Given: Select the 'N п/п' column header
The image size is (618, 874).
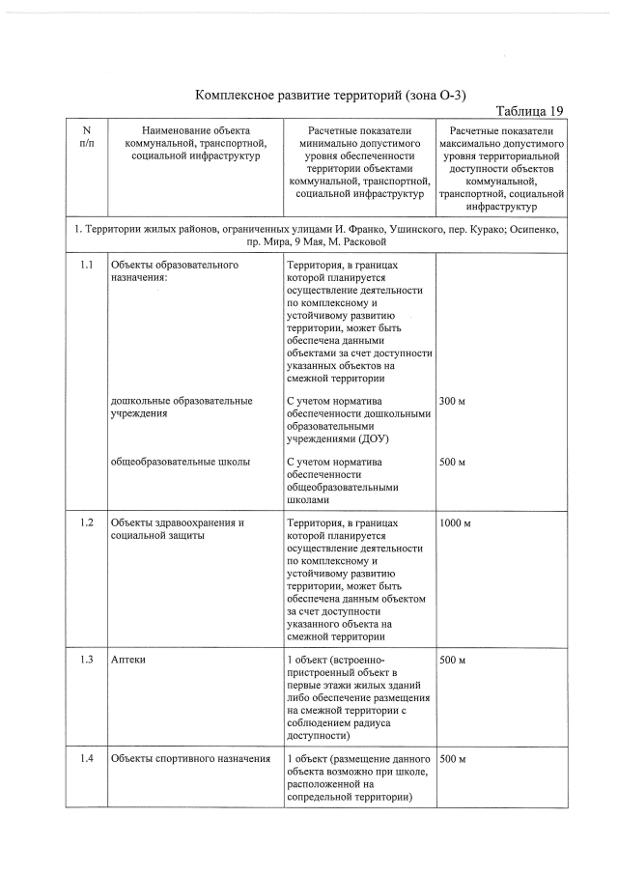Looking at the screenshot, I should [x=87, y=136].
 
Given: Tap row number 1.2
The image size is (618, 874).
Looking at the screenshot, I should [x=87, y=522].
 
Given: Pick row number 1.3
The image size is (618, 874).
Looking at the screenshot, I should [x=87, y=660].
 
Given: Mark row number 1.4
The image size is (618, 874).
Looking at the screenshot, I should [x=87, y=758].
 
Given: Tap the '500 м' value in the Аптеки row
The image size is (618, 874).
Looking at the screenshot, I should [x=453, y=660].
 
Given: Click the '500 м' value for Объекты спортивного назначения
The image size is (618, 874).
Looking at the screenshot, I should [x=453, y=758].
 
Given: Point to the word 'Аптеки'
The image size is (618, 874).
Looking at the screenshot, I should [x=128, y=660].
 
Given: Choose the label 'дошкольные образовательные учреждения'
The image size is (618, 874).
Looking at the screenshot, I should [x=182, y=407].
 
